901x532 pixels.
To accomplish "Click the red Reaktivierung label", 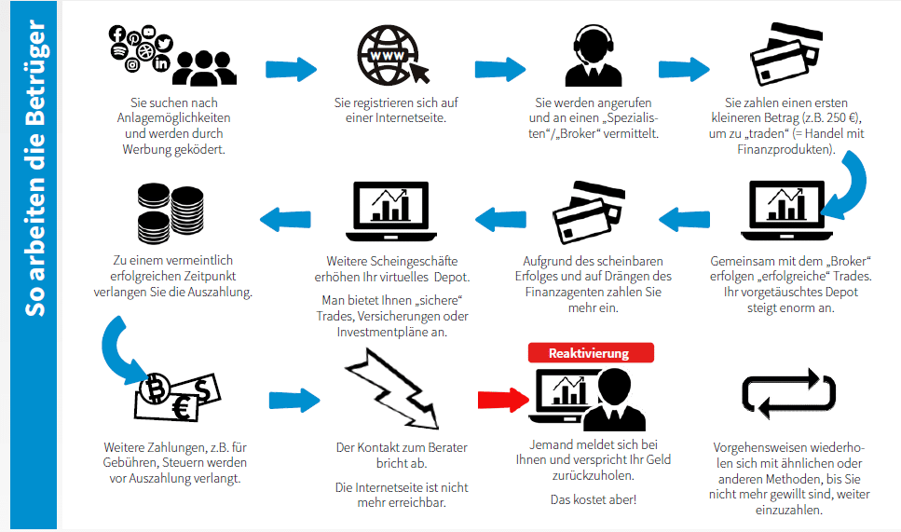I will pos(590,353).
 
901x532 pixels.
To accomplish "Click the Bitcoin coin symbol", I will pos(157,386).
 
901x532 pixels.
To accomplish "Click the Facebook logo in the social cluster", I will pos(117,34).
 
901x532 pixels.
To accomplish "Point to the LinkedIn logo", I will pos(162,63).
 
